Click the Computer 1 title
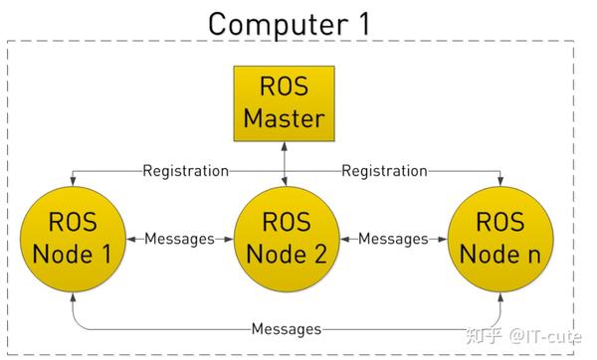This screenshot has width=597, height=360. point(290,22)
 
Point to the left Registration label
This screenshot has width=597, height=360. point(185,171)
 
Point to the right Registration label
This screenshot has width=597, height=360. point(385,171)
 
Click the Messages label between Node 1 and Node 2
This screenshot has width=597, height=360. point(180,239)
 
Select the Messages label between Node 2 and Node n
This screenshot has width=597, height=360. point(393,239)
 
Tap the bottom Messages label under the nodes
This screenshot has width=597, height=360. point(286,328)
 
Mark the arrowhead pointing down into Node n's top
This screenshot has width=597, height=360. point(500,182)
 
